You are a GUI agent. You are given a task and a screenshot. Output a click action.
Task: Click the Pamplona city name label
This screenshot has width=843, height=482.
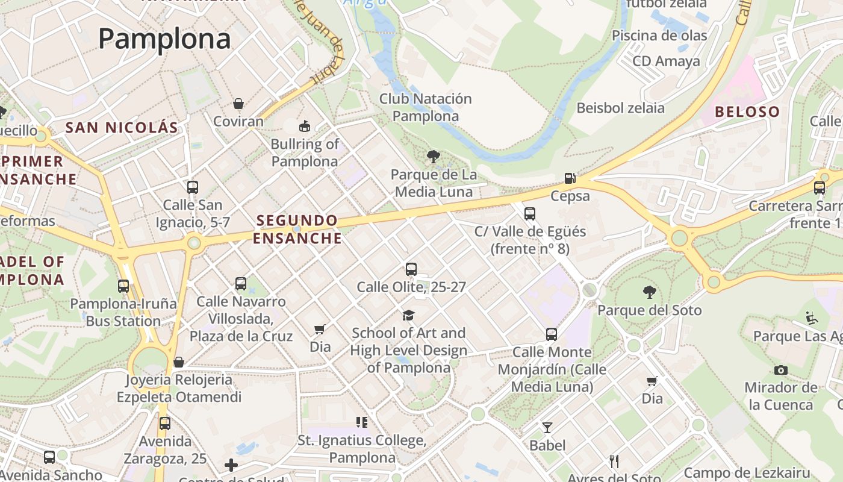[x=164, y=39]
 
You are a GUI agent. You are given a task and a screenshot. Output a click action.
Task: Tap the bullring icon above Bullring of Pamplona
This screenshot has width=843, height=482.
[x=305, y=126]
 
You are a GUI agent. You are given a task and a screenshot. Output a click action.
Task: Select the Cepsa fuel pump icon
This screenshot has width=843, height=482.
[x=570, y=178]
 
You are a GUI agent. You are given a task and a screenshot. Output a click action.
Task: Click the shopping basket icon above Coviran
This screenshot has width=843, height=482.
[x=238, y=104]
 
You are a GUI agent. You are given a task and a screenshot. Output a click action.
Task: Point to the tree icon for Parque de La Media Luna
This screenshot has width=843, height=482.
[x=433, y=157]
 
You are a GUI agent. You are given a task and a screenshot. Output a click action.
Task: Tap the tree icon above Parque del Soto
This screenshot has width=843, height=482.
[x=649, y=292]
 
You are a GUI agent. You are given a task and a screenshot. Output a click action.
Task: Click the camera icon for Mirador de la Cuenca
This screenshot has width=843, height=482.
[x=781, y=370]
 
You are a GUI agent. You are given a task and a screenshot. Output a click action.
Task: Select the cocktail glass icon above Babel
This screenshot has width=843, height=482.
[x=547, y=428]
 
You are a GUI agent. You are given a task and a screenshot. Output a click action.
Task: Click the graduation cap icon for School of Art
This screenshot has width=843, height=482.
[x=409, y=315]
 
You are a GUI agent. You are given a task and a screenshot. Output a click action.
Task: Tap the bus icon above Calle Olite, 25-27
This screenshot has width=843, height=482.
[x=411, y=269]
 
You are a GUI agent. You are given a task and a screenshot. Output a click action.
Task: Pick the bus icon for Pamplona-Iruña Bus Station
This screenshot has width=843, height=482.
[x=123, y=286]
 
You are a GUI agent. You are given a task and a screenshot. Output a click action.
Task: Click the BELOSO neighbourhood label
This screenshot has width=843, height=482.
[x=747, y=112]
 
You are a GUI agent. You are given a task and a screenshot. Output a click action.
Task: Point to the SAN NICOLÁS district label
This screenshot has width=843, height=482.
[x=122, y=128]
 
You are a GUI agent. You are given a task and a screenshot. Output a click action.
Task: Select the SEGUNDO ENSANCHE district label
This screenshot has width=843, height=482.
[x=297, y=230]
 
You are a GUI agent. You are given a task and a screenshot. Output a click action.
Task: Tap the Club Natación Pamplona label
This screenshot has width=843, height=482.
[x=425, y=107]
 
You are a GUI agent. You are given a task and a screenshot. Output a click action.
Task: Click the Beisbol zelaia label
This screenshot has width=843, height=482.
[x=620, y=108]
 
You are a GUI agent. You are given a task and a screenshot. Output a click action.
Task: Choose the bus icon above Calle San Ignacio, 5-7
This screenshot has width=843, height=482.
[x=193, y=187]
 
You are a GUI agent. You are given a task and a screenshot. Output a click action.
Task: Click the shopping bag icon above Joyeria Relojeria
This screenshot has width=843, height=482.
[x=179, y=362]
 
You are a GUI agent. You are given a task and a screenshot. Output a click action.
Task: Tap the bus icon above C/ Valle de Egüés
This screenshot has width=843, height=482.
[x=530, y=214]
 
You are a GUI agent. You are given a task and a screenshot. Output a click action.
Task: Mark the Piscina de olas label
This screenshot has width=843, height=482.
[x=659, y=36]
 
